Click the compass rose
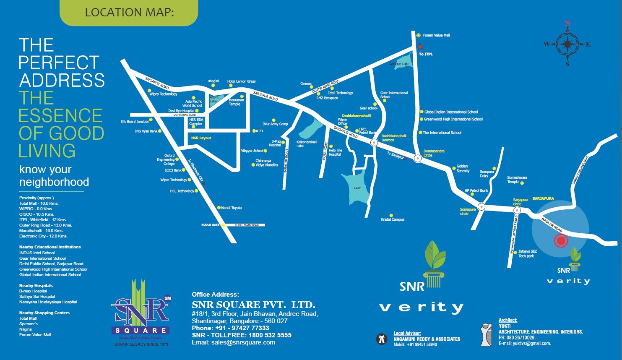(x=567, y=44)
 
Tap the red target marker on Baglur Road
(x=561, y=241)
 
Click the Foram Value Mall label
(x=436, y=35)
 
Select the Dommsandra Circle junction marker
(x=418, y=159)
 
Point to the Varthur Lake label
(x=399, y=64)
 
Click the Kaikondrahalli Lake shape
(x=310, y=128)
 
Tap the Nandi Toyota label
(x=231, y=208)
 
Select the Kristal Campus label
(x=393, y=219)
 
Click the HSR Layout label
(x=201, y=138)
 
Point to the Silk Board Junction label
(x=135, y=122)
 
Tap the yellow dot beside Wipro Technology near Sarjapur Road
(x=148, y=90)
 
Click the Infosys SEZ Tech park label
(x=527, y=253)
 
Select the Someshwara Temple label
(x=517, y=180)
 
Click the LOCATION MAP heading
(x=129, y=13)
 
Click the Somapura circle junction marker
(x=481, y=206)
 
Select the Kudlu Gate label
(x=210, y=225)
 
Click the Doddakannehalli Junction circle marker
(x=374, y=143)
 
